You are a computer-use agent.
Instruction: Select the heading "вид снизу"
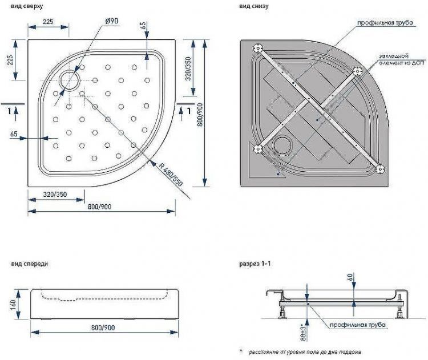[x=253, y=6]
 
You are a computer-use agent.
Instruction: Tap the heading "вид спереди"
[x=29, y=264]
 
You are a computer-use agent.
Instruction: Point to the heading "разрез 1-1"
[x=255, y=265]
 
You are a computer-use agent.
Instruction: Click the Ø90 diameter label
[x=112, y=21]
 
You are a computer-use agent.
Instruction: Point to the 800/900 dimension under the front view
[x=103, y=328]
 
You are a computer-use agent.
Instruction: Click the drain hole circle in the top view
[x=70, y=80]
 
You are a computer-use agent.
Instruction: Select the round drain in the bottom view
[x=282, y=145]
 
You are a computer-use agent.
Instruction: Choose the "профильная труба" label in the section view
[x=358, y=325]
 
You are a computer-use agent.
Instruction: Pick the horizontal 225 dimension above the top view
[x=48, y=21]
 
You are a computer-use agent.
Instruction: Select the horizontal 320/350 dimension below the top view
[x=55, y=195]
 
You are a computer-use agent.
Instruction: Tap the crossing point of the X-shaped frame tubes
[x=318, y=108]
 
